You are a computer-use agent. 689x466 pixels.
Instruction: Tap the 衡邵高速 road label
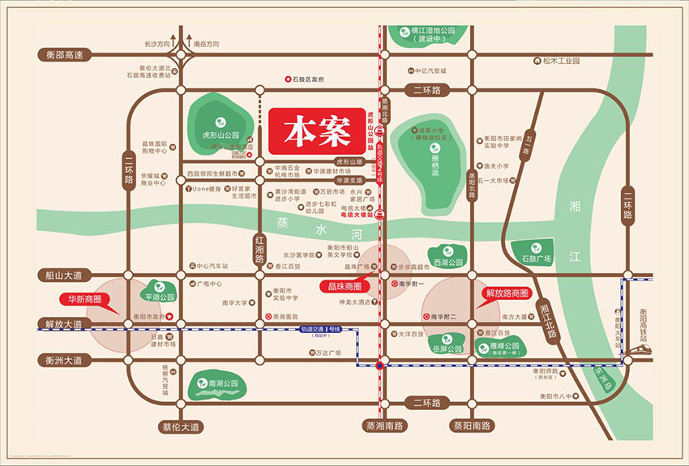pos(61,55)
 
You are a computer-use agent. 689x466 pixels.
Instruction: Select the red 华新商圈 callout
pos(85,298)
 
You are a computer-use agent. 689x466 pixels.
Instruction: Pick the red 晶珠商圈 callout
pos(344,286)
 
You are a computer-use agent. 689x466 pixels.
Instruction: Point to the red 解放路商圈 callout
pos(506,293)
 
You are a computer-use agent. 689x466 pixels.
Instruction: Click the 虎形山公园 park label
pos(220,135)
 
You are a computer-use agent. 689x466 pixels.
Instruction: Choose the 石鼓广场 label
pos(536,259)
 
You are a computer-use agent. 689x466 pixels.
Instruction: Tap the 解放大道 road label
pos(61,323)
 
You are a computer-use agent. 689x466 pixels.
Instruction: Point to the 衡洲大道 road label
pos(61,360)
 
